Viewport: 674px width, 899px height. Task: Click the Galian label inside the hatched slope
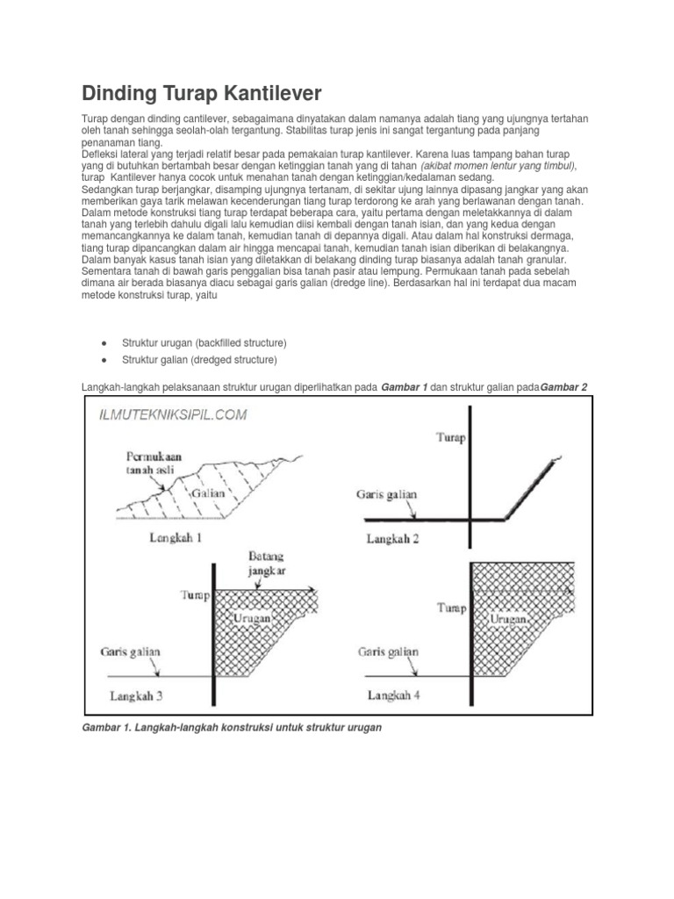click(x=208, y=493)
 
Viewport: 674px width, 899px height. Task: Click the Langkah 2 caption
click(x=392, y=538)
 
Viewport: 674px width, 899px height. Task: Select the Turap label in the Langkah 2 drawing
click(x=451, y=436)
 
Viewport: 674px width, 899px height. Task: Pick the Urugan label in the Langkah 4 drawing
click(x=508, y=619)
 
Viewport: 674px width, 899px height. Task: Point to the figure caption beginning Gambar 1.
click(x=233, y=729)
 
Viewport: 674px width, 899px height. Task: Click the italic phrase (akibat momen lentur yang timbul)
click(x=498, y=165)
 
